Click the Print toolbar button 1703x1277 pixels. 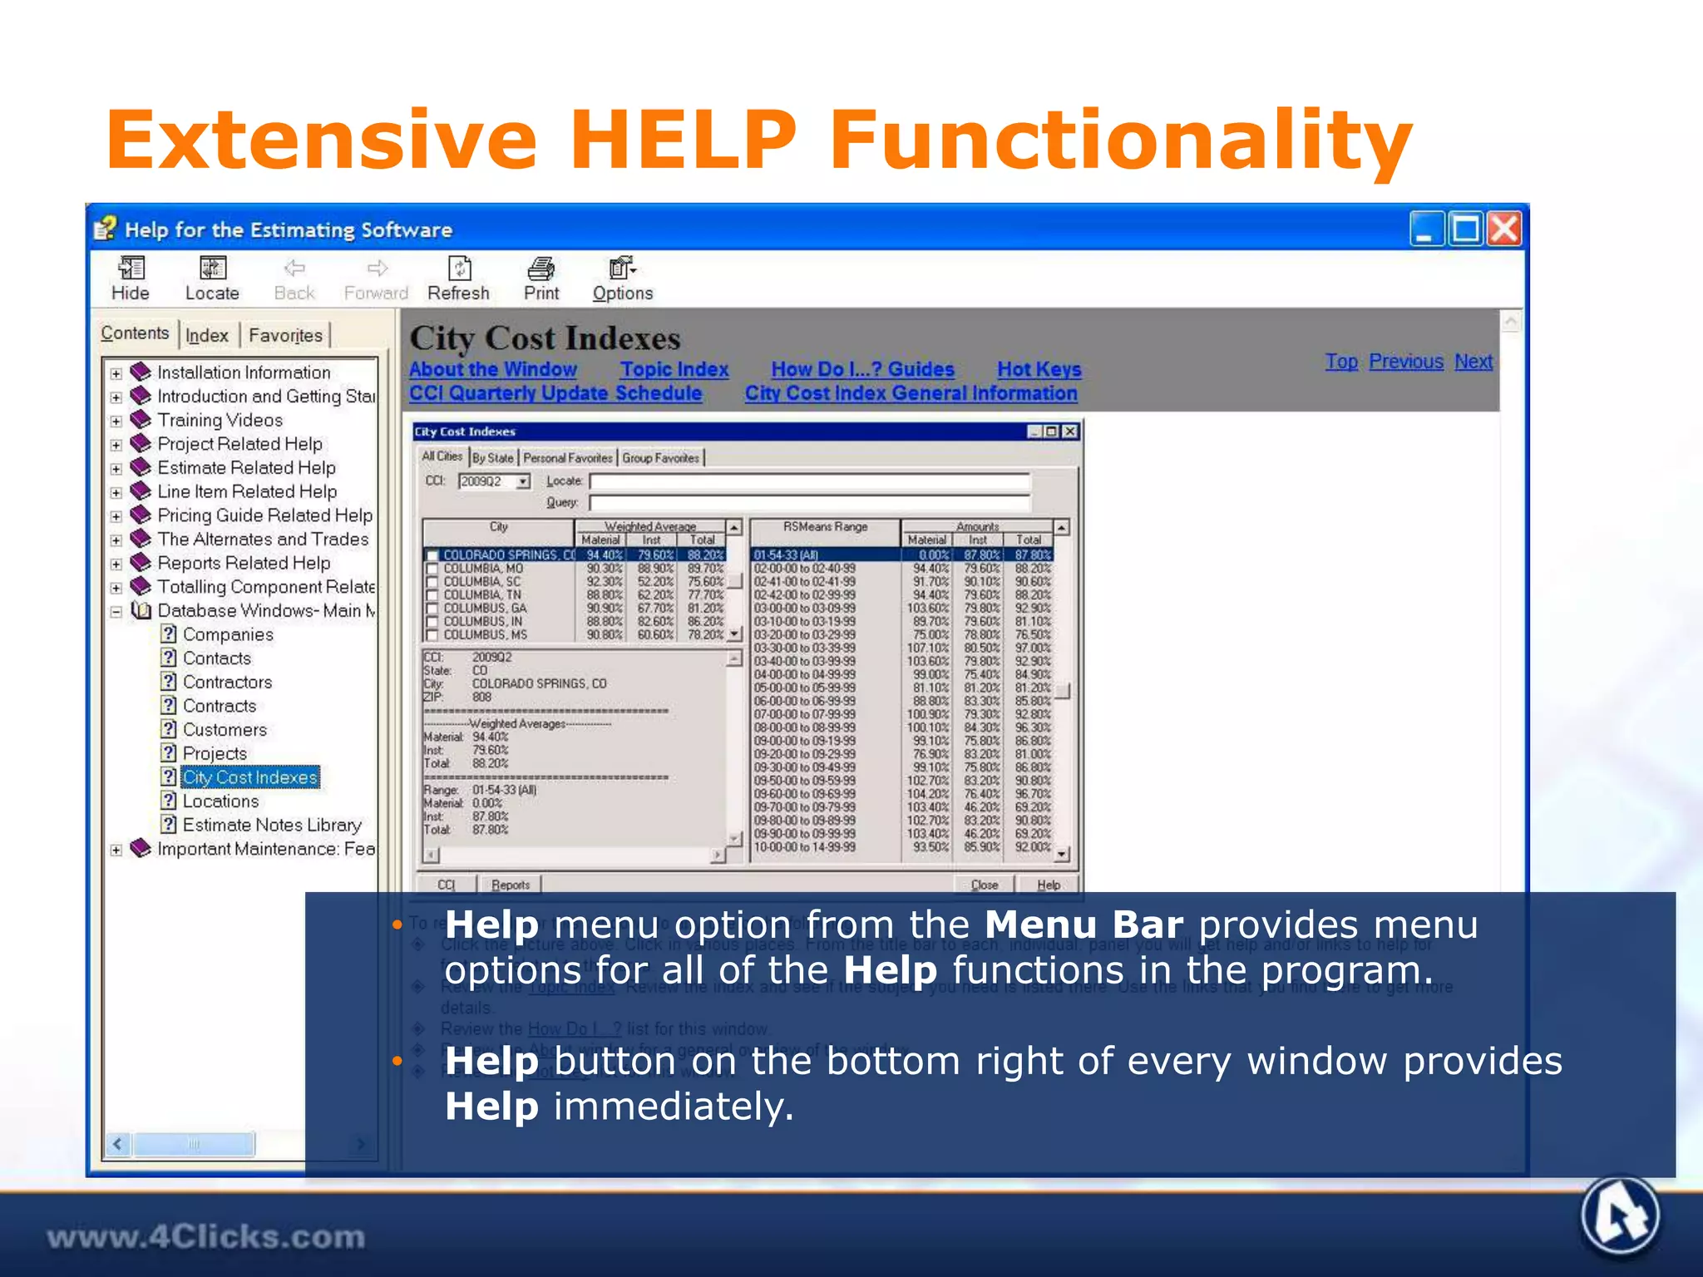[541, 279]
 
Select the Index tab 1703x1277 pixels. [206, 335]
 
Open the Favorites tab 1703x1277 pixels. [285, 335]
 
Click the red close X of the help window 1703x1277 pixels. [1504, 229]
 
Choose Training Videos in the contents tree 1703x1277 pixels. [220, 420]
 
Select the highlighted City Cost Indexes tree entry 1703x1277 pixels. [250, 777]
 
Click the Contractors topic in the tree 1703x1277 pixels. [227, 682]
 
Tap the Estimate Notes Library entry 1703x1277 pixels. [272, 825]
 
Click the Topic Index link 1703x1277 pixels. [674, 369]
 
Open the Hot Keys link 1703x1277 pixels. [1039, 369]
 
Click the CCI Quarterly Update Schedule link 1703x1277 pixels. [555, 393]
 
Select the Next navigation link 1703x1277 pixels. [1473, 362]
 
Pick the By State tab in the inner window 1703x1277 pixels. [493, 458]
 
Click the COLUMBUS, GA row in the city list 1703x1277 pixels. [485, 608]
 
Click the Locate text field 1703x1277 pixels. [809, 481]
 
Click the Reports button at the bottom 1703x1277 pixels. [510, 885]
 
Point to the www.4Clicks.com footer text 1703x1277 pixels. [205, 1237]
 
